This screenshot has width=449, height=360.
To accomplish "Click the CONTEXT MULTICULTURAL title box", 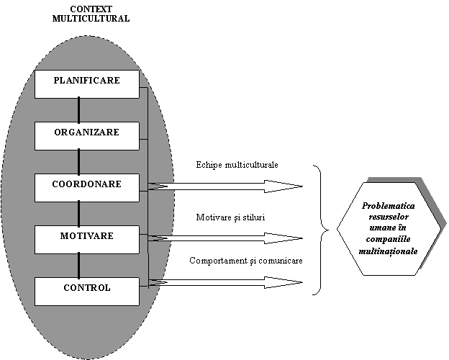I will pyautogui.click(x=91, y=14).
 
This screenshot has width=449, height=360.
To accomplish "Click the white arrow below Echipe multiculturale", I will pyautogui.click(x=230, y=186).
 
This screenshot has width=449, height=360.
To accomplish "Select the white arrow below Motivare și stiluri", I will pyautogui.click(x=230, y=238).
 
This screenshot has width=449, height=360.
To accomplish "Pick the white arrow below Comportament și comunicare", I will pyautogui.click(x=230, y=282).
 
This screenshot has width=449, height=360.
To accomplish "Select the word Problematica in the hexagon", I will pyautogui.click(x=388, y=206).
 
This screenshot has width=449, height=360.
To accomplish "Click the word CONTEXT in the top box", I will pyautogui.click(x=91, y=9).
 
